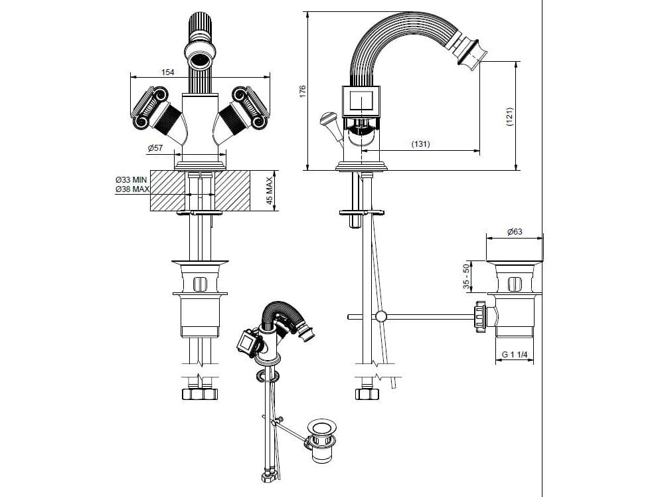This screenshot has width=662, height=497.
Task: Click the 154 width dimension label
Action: click(x=168, y=72)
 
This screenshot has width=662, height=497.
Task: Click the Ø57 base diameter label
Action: click(x=155, y=148)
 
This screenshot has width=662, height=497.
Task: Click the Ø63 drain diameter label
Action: click(x=515, y=232)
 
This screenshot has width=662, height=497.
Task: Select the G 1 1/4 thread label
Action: click(x=514, y=355)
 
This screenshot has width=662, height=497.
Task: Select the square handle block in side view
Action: click(x=361, y=102)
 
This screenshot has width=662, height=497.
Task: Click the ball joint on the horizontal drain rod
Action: click(x=380, y=316)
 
